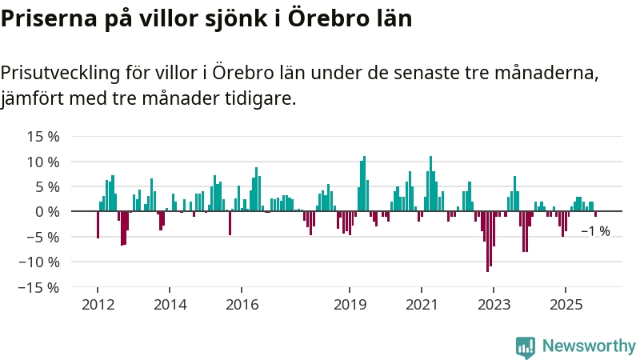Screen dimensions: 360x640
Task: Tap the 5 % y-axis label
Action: (46, 186)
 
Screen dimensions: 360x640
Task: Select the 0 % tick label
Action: (46, 211)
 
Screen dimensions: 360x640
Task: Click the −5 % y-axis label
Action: (43, 237)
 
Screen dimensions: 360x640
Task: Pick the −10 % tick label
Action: (40, 262)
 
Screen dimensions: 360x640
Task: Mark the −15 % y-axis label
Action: (40, 286)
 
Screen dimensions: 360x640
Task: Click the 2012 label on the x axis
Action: (98, 305)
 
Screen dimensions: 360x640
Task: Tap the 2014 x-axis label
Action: (170, 305)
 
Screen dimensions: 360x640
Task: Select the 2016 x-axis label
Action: (242, 305)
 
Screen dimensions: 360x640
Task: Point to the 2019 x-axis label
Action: (350, 305)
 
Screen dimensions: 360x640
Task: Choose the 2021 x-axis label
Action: (422, 305)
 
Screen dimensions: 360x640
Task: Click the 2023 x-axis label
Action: (494, 305)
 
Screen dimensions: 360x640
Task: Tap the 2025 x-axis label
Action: (566, 305)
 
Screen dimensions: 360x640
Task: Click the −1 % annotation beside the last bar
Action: (595, 231)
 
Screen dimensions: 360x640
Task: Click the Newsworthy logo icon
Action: (526, 346)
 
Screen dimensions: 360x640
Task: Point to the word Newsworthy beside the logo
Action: (589, 346)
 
